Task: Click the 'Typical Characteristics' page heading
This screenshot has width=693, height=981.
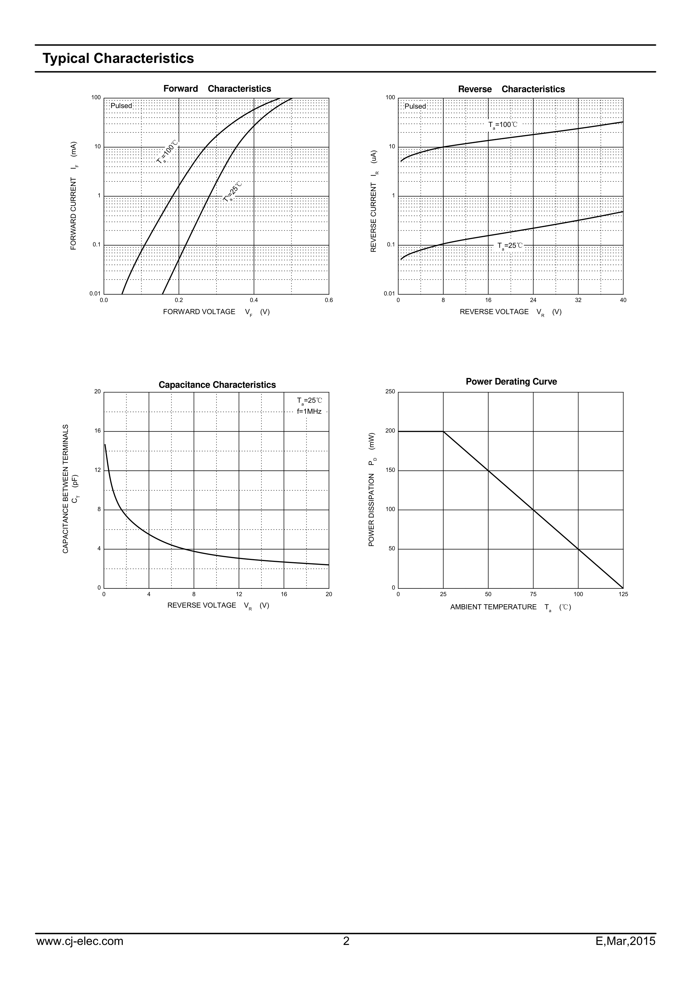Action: click(118, 58)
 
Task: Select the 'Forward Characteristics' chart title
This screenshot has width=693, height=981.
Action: click(217, 89)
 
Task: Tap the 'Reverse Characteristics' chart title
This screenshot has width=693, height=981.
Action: click(511, 89)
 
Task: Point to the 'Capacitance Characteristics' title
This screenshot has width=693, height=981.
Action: click(217, 385)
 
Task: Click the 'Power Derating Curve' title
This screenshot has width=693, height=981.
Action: click(511, 382)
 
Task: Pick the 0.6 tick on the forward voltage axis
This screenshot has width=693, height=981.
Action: click(329, 300)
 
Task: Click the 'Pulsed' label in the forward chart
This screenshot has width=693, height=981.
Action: click(121, 106)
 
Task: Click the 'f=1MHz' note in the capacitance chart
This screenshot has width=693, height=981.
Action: click(309, 412)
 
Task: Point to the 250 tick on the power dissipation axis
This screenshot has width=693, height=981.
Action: click(390, 392)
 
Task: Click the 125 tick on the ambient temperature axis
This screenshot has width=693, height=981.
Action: click(623, 594)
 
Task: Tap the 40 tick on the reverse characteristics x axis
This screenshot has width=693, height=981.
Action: click(623, 300)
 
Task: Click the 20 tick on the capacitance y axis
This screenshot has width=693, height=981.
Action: click(97, 392)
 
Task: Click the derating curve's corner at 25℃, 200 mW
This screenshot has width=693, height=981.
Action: click(443, 432)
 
